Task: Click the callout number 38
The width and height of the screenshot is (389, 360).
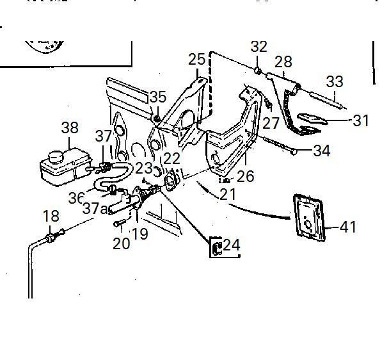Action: [70, 127]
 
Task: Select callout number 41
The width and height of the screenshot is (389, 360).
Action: [348, 227]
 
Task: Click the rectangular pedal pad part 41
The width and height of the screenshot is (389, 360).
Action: [310, 218]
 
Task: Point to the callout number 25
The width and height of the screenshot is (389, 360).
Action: [197, 60]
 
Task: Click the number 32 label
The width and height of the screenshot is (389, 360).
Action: [258, 46]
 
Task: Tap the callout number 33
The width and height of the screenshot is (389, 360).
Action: [335, 82]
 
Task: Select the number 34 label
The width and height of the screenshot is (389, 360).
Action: [321, 151]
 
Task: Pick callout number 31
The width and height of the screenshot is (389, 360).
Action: [361, 120]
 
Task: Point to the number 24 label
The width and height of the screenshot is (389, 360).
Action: [232, 245]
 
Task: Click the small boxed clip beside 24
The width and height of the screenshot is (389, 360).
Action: [216, 247]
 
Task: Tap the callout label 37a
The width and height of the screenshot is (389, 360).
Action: [96, 208]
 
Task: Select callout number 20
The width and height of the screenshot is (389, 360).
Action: [122, 243]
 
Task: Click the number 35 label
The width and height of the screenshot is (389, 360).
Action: [157, 97]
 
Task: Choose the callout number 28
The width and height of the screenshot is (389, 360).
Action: [283, 61]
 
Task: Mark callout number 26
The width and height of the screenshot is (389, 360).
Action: [245, 176]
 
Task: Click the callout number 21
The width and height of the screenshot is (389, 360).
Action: [228, 194]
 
